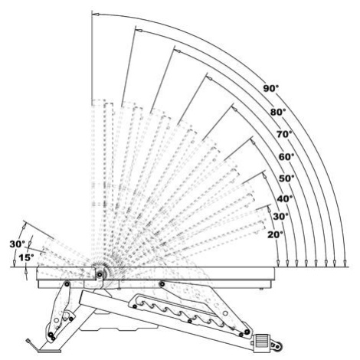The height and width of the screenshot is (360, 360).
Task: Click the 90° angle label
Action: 271,88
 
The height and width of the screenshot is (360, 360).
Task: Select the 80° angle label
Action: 278,112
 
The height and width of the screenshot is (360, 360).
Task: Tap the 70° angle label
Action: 284,134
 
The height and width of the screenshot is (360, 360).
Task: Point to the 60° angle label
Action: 286,157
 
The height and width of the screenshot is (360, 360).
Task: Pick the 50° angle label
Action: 286,178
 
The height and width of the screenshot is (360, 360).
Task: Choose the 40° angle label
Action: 285,198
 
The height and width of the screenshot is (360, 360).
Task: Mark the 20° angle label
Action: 276,234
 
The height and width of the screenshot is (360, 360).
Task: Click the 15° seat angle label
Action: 26,257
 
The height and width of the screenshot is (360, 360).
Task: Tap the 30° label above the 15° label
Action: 18,244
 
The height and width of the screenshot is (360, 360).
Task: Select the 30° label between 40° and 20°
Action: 281,217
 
